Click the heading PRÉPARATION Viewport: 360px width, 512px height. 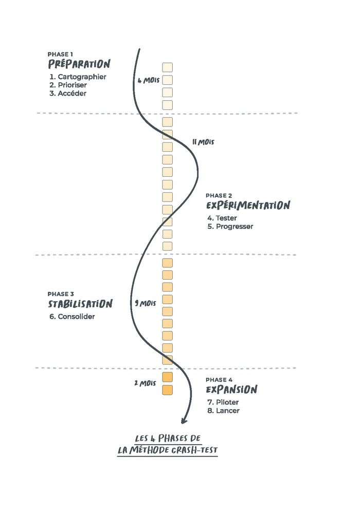click(79, 64)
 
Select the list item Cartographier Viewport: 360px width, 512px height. click(78, 77)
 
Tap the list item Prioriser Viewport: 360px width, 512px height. click(71, 85)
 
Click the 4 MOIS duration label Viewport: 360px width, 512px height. click(148, 80)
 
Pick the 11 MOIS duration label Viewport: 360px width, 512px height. click(203, 142)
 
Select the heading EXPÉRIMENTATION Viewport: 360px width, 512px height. click(248, 206)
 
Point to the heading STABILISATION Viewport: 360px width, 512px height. click(80, 304)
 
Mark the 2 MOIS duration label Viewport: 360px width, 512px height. click(145, 383)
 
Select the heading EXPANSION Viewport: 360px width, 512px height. click(231, 389)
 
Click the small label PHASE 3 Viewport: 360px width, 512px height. click(61, 294)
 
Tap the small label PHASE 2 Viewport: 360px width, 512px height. click(219, 195)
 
